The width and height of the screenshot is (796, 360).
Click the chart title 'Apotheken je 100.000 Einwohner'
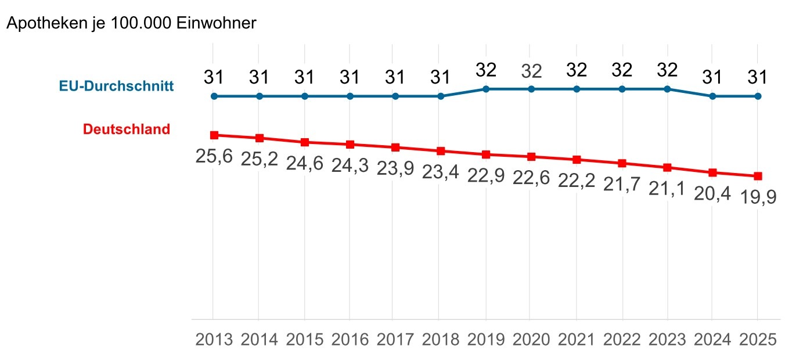tap(131, 24)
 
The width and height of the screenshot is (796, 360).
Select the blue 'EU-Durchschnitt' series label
tap(116, 87)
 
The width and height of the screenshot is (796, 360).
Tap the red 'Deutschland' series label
tap(127, 129)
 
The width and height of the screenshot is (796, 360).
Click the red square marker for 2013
tap(214, 135)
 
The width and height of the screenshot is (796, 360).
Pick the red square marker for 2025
tap(758, 176)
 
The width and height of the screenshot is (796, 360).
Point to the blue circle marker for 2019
tap(486, 89)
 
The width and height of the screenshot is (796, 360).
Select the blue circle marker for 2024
tap(712, 96)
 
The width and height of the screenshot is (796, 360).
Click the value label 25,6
tap(214, 156)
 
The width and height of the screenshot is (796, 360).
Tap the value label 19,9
tap(758, 198)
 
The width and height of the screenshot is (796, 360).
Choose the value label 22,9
tap(486, 175)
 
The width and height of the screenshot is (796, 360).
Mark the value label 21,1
tap(667, 189)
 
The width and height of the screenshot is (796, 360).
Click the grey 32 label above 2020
tap(531, 71)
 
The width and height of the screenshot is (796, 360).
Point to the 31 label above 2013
tap(214, 77)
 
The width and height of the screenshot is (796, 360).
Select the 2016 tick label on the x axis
tap(350, 340)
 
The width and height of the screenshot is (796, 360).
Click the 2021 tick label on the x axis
tap(577, 340)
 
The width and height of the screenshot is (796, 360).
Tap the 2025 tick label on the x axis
tap(758, 340)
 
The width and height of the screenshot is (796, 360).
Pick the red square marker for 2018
tap(441, 151)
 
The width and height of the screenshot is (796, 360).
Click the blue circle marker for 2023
tap(667, 89)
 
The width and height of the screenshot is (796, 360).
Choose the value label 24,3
tap(350, 165)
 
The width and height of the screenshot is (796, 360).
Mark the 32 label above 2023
tap(667, 70)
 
